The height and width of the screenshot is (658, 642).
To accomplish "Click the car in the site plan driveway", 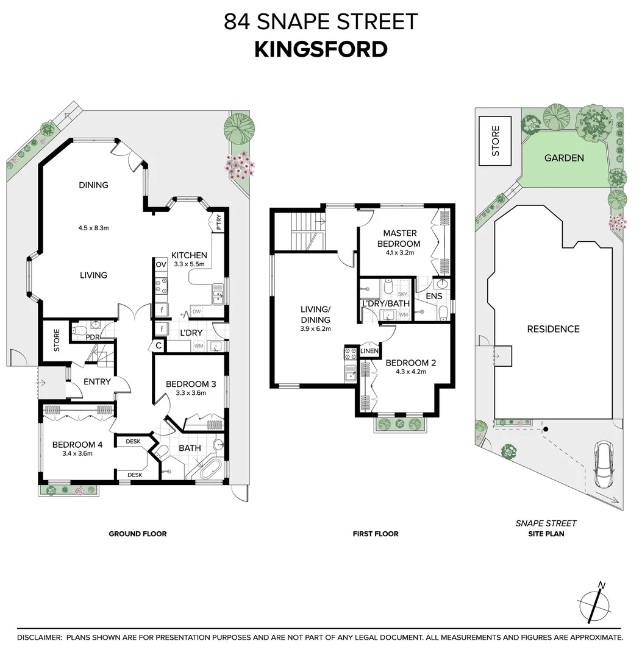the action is coord(604,464).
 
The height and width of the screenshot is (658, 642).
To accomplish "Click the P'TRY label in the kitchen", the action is coord(218,222).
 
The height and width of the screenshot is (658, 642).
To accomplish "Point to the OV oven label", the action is coord(161,264).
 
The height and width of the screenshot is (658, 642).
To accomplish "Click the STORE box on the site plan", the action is coord(496,141).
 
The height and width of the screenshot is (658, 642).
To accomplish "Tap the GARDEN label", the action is coord(564,158).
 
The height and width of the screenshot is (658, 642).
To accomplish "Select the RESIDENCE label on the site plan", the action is coord(553,329).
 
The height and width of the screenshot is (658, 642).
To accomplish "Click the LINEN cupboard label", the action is coord(369,351).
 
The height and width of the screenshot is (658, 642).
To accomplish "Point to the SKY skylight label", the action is coord(402,294).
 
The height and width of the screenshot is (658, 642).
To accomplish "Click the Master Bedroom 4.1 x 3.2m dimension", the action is coord(400,253).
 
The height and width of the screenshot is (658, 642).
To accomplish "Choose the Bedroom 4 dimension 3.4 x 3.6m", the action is coord(77,453).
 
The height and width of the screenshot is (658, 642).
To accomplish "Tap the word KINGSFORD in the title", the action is coord(321,49).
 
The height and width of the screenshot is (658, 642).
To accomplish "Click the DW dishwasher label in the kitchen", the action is coord(196,311).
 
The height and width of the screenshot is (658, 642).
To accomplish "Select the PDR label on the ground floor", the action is coord(93,337).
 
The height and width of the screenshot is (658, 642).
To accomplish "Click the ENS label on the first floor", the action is coord(433,296).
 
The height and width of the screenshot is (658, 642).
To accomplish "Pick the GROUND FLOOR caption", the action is coord(138,534).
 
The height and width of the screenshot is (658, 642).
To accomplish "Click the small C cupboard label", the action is coord(159,346).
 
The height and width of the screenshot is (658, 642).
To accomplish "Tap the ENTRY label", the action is coord(97,381).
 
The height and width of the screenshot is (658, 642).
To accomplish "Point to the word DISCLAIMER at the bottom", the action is coord(40,637).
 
